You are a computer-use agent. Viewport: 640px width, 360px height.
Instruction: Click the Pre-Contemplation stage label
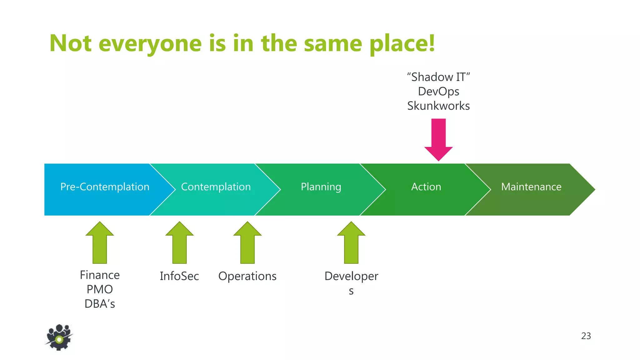point(105,187)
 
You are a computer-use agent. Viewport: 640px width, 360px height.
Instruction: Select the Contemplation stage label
point(216,187)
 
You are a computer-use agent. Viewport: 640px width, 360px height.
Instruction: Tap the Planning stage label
point(321,187)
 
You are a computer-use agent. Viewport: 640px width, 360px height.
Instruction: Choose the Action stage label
point(426,187)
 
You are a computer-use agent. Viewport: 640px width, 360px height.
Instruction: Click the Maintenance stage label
point(531,187)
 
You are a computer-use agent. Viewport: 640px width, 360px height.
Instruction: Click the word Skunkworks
point(438,106)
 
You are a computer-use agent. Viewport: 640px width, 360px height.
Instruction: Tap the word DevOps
point(438,92)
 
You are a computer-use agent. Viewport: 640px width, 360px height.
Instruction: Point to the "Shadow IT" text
point(438,77)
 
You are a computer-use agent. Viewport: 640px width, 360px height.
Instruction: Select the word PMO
point(100,289)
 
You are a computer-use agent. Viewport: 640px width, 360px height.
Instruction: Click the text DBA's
point(100,304)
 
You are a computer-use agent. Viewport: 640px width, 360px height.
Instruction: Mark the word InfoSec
point(179,276)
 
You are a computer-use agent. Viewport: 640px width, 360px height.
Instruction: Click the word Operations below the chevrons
point(247,276)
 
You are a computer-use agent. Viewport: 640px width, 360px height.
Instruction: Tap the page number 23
point(586,336)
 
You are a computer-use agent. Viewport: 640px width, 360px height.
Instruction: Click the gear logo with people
point(59,337)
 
